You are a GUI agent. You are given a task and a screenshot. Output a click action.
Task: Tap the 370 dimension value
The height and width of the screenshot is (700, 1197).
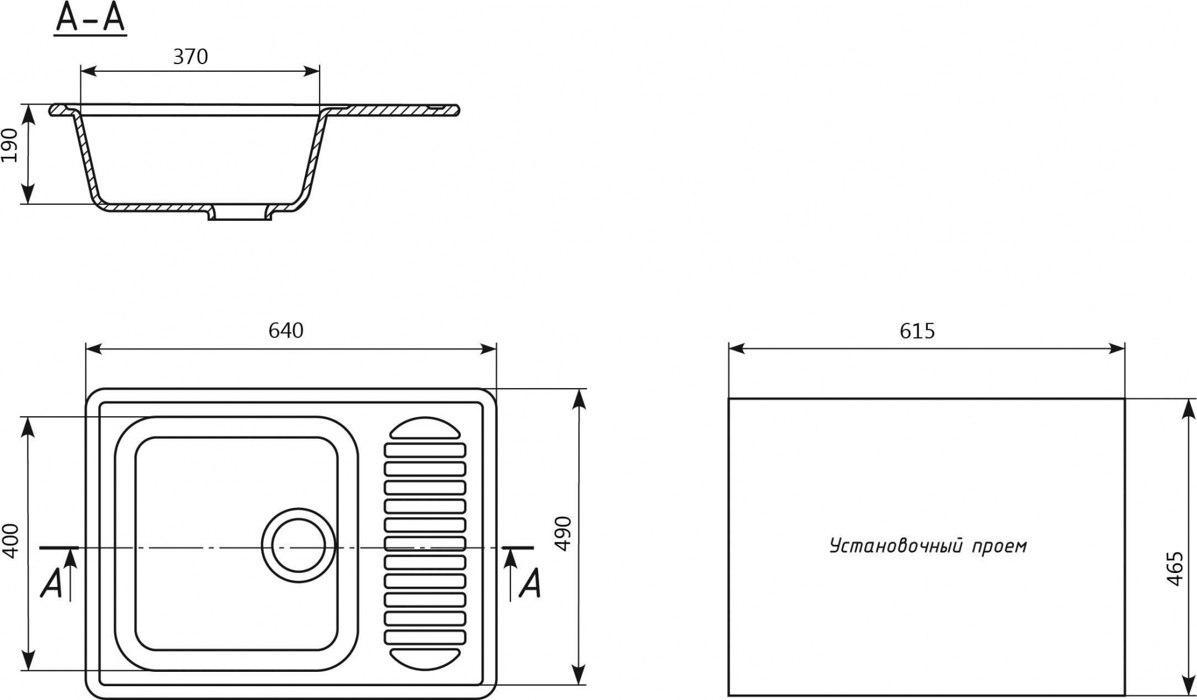[190, 57]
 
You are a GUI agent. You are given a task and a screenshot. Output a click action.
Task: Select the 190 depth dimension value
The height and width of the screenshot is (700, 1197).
[10, 144]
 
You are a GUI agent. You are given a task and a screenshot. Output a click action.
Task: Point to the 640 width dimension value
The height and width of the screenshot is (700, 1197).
[286, 331]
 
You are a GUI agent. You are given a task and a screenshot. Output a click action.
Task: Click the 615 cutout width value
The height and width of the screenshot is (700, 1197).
[917, 331]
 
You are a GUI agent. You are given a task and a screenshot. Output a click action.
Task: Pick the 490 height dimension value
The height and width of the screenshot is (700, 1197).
[564, 533]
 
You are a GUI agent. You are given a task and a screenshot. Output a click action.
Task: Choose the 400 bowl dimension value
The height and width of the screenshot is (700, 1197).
[11, 541]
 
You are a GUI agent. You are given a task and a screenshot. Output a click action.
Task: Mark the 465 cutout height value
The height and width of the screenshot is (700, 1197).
[1175, 568]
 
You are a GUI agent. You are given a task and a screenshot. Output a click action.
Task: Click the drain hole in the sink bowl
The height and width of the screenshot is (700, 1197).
[299, 546]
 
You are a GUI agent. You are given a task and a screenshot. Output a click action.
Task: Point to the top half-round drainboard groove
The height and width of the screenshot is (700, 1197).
[425, 429]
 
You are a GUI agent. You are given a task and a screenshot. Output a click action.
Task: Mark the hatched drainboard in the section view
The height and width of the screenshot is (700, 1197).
[389, 110]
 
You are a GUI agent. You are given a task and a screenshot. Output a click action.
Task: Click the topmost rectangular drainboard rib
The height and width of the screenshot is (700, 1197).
[425, 450]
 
